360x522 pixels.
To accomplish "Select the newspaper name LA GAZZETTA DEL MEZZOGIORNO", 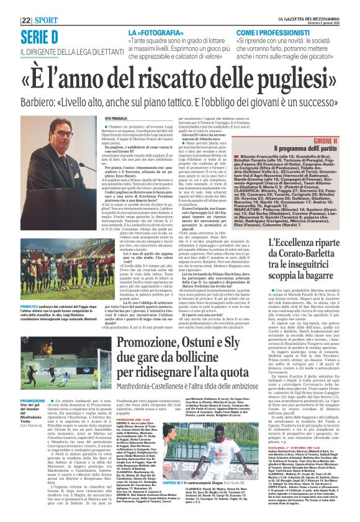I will (x=305, y=6).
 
